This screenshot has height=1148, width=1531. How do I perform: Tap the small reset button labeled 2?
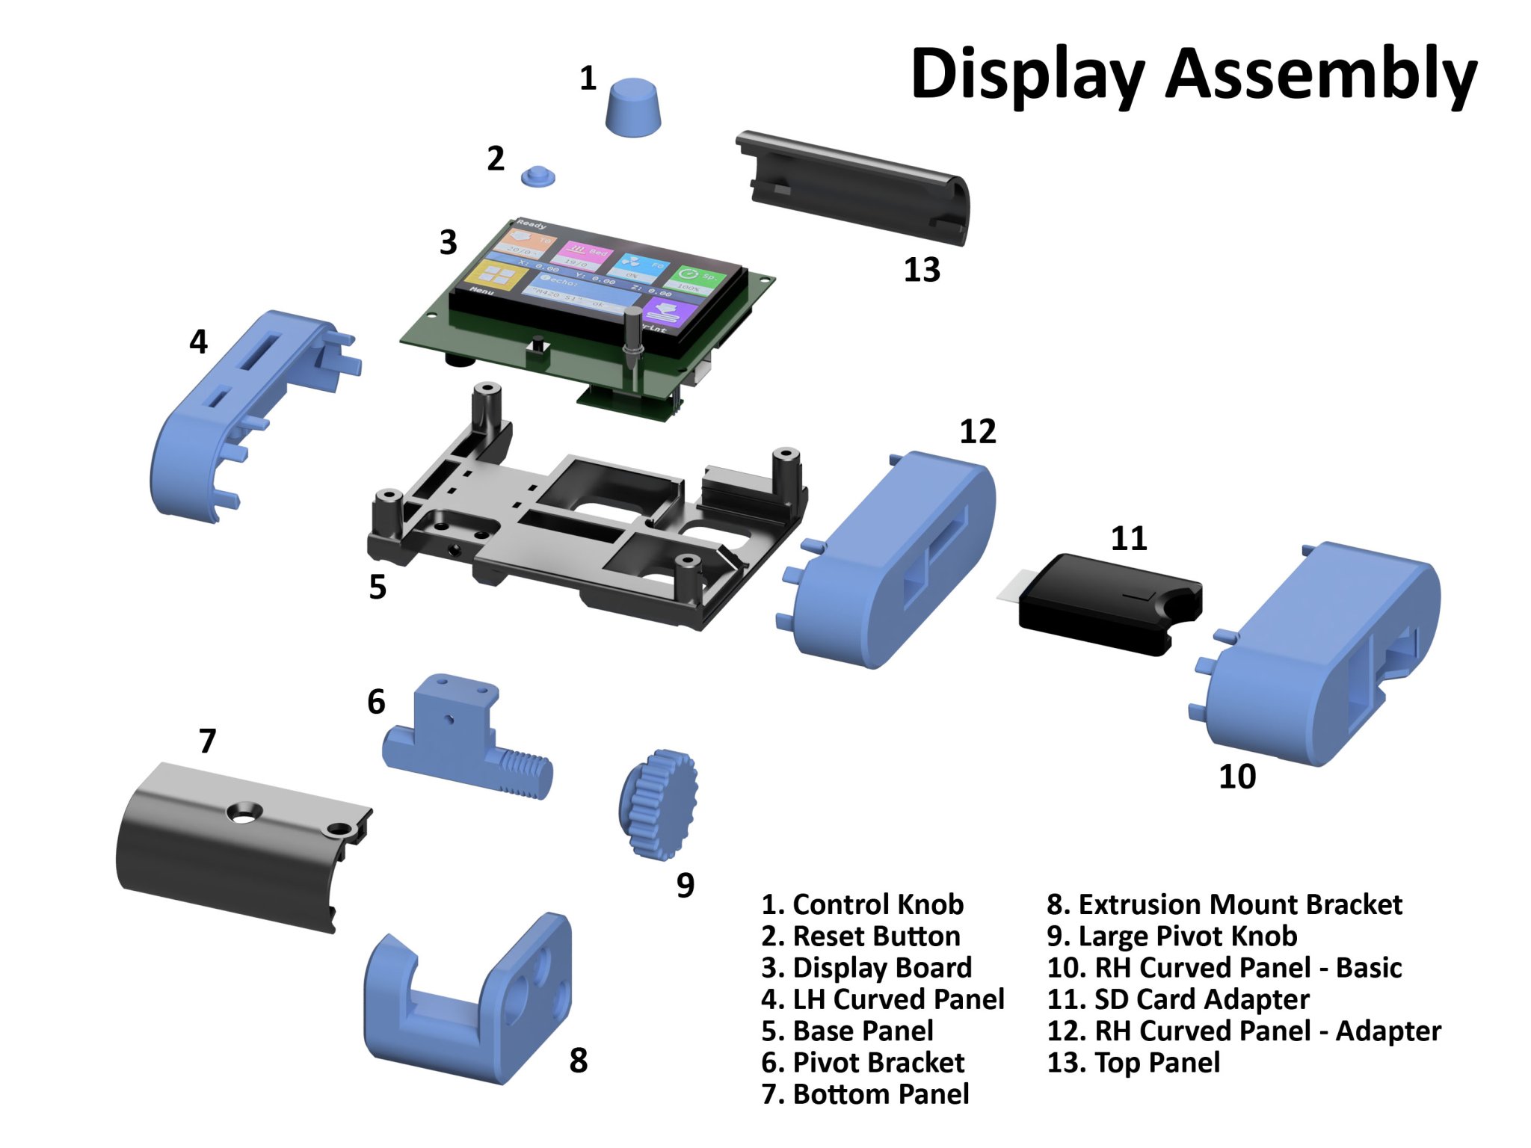click(537, 176)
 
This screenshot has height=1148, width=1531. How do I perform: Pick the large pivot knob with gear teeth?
click(658, 803)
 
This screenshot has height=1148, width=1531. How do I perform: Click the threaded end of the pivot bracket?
click(523, 774)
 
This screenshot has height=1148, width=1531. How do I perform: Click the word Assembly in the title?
click(1321, 74)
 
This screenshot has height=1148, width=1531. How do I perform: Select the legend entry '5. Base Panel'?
click(847, 1031)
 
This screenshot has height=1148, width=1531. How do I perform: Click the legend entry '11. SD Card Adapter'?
click(1178, 999)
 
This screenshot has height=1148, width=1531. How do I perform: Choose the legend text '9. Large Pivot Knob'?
click(1171, 936)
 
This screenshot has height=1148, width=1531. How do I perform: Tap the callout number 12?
click(978, 432)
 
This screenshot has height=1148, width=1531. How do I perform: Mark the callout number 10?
click(1237, 777)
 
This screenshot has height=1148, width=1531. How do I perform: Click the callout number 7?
click(208, 741)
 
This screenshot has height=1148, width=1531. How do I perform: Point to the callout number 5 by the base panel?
click(378, 587)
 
